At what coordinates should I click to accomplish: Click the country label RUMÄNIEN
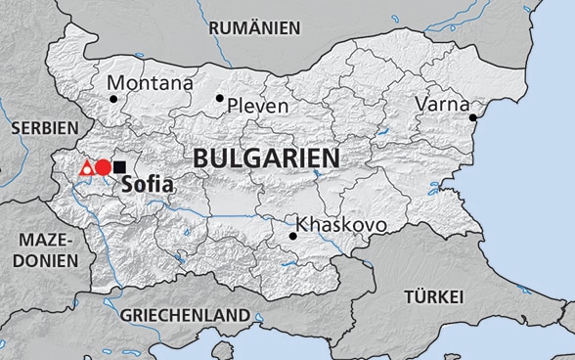point(254,28)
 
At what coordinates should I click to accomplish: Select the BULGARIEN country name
point(266,158)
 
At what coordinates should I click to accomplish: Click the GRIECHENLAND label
point(185,316)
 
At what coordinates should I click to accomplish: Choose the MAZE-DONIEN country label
point(39,249)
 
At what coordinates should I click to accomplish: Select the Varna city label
point(443,103)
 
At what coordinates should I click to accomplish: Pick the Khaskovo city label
point(341,225)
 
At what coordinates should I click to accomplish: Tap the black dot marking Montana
point(113,98)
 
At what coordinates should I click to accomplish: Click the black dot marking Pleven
point(220,98)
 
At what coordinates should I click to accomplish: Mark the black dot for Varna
point(472,118)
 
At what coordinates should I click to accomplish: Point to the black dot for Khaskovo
point(292,236)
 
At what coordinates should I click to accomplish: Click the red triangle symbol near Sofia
point(87,168)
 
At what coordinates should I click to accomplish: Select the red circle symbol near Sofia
point(103,167)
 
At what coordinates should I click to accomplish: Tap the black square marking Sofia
point(119,167)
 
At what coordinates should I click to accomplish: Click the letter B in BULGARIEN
point(200,158)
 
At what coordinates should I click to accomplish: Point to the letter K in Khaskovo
point(302,225)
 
